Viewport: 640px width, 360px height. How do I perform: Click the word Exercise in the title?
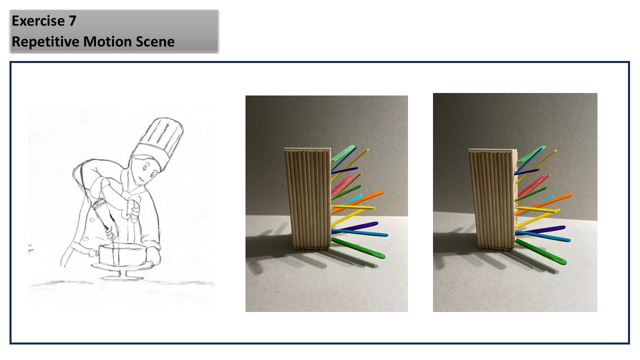(38, 21)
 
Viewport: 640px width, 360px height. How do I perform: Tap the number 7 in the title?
(72, 21)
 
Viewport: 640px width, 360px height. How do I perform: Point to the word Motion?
(107, 41)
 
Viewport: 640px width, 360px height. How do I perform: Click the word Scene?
(155, 41)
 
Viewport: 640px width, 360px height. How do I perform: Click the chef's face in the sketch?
(145, 170)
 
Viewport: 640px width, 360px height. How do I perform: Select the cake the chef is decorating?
(123, 254)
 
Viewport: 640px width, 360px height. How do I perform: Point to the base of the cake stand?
(123, 277)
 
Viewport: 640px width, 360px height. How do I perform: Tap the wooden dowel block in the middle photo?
(308, 199)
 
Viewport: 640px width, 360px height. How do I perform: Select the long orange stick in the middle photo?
(357, 202)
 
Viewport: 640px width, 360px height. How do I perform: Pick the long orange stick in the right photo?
(544, 204)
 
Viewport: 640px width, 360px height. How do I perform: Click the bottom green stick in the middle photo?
(358, 248)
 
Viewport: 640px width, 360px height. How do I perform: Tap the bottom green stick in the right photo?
(541, 251)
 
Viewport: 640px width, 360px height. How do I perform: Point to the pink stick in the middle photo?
(342, 184)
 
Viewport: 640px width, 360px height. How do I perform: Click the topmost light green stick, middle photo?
(343, 153)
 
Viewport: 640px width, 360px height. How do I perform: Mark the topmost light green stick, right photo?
(531, 154)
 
